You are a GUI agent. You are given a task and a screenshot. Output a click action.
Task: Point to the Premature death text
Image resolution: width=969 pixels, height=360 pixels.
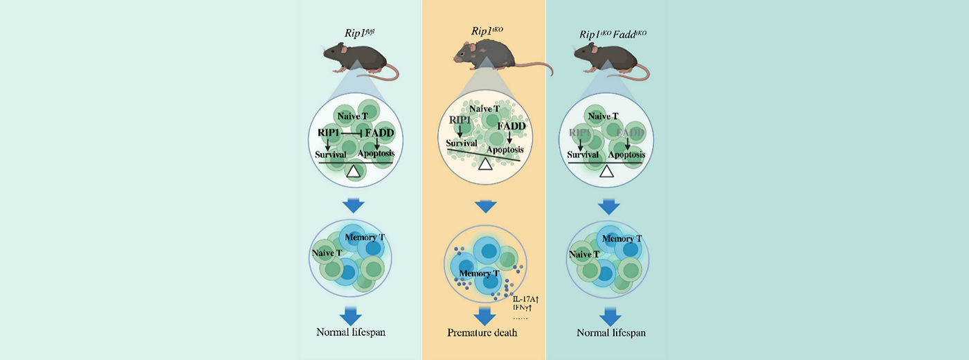[x=482, y=333]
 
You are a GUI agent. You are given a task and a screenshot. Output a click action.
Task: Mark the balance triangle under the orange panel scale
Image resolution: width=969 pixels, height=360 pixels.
[x=485, y=164]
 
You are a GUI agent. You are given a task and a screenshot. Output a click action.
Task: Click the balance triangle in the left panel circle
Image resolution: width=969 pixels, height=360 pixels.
[x=354, y=170]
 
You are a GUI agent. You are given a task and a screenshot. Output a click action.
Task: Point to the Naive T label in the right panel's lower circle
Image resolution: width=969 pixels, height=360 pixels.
[x=584, y=255]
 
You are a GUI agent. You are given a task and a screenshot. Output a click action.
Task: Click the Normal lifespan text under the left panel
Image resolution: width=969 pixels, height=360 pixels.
[x=351, y=332]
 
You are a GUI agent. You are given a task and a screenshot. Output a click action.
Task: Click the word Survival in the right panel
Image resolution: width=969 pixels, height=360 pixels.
[x=582, y=154]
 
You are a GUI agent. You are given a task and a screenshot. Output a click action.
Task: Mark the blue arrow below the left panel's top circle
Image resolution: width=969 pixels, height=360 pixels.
[x=354, y=206]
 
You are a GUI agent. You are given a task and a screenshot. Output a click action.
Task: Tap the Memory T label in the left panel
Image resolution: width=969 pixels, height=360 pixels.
[x=365, y=237]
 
